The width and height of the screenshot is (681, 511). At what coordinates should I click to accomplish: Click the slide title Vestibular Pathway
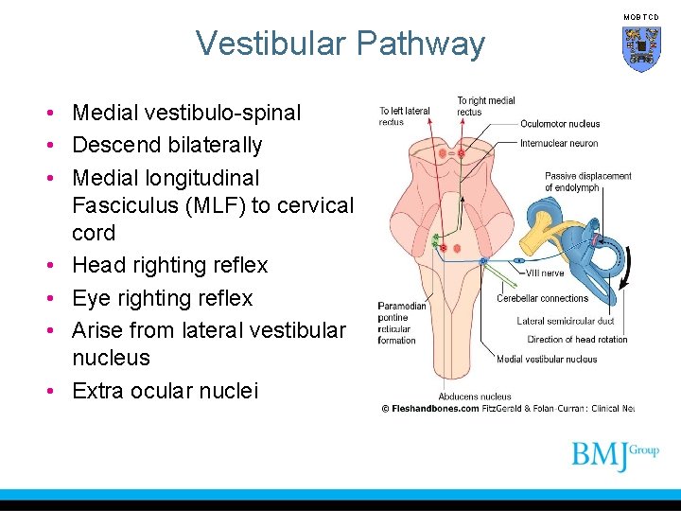pyautogui.click(x=340, y=44)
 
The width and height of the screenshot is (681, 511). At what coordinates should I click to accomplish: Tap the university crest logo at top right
pyautogui.click(x=640, y=48)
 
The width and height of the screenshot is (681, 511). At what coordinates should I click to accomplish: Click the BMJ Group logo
pyautogui.click(x=614, y=455)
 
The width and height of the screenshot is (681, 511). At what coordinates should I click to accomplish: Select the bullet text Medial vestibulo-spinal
pyautogui.click(x=186, y=114)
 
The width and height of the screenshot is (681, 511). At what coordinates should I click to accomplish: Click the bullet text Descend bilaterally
pyautogui.click(x=166, y=146)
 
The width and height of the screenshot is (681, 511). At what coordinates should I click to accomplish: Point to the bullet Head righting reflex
pyautogui.click(x=170, y=266)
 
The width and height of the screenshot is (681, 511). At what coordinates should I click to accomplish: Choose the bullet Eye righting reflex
pyautogui.click(x=163, y=298)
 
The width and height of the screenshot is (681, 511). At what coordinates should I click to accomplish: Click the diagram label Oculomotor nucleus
pyautogui.click(x=559, y=124)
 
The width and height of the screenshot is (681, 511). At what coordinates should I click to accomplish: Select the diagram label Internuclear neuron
pyautogui.click(x=558, y=144)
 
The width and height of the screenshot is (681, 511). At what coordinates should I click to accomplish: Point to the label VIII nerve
pyautogui.click(x=544, y=273)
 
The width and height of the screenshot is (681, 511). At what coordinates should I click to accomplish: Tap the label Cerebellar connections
pyautogui.click(x=542, y=298)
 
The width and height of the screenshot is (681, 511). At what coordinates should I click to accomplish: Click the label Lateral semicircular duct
pyautogui.click(x=565, y=322)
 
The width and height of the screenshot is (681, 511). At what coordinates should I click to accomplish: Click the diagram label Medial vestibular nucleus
pyautogui.click(x=547, y=359)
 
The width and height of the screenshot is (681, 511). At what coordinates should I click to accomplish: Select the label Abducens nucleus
pyautogui.click(x=474, y=396)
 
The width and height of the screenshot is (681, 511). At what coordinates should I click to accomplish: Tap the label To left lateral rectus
pyautogui.click(x=404, y=115)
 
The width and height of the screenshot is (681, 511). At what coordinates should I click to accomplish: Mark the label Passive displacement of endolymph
pyautogui.click(x=587, y=181)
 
